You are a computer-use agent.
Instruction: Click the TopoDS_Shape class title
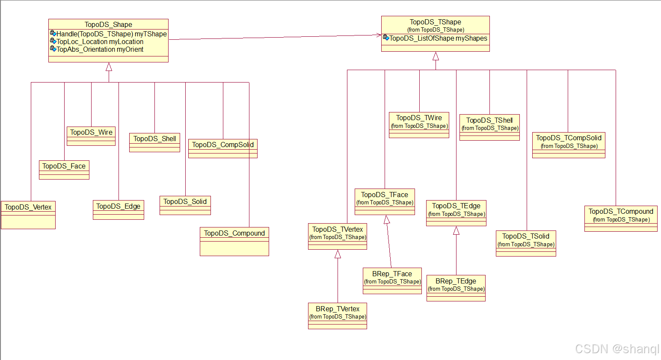coord(108,25)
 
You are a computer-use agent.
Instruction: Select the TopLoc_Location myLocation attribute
coord(100,42)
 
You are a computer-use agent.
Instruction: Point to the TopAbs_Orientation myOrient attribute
coord(100,50)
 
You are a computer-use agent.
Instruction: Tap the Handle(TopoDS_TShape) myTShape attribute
coord(111,34)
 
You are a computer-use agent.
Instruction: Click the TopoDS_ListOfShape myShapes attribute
coord(438,38)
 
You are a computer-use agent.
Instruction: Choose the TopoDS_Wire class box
coord(91,136)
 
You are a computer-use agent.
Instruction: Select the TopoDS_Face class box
coord(64,170)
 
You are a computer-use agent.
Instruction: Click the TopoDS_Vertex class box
coord(28,215)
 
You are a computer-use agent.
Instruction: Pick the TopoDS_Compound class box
coord(234,241)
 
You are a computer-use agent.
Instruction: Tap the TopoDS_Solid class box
coord(185,205)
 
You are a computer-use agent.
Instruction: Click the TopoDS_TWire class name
coord(419,118)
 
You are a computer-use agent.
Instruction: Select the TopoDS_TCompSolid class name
coord(569,138)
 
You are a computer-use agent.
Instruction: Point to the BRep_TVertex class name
coord(338,309)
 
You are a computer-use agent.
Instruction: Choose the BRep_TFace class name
coord(392,274)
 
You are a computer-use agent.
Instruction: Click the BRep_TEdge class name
coord(456,281)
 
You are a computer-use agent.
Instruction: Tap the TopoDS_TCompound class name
coord(621,211)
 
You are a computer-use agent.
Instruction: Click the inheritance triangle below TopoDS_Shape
coord(109,67)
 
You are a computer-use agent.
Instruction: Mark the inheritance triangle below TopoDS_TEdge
coord(456,231)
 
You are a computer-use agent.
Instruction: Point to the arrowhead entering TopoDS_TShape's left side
coord(379,35)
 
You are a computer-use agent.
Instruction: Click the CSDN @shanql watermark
coord(617,349)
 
